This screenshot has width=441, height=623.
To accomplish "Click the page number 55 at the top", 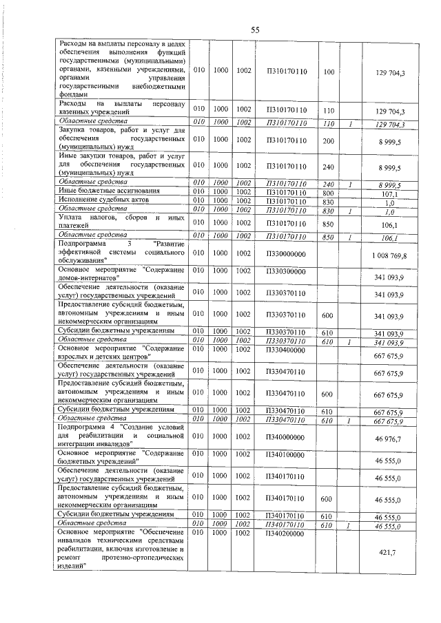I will [254, 30].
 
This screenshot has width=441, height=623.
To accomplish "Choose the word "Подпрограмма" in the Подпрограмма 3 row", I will [81, 244].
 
